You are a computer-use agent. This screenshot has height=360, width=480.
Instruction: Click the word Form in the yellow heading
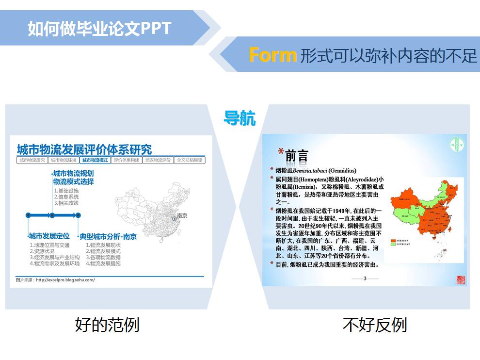click(x=272, y=55)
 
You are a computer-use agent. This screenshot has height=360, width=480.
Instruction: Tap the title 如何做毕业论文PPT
click(x=99, y=28)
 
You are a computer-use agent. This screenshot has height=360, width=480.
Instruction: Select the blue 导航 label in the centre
click(x=240, y=118)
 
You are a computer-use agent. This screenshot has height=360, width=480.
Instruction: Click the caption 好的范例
click(x=107, y=325)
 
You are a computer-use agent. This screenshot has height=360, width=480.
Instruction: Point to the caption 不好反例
click(x=374, y=325)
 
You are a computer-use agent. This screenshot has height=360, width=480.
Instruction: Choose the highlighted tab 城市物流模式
click(x=95, y=160)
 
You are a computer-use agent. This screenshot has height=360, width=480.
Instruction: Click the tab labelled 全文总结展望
click(x=190, y=160)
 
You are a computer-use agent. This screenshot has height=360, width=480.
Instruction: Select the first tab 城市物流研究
click(x=32, y=160)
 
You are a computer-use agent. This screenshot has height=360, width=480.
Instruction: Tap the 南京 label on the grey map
click(x=182, y=215)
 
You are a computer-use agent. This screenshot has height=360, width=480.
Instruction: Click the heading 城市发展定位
click(x=49, y=236)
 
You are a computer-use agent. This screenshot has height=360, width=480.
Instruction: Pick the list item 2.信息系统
click(x=66, y=196)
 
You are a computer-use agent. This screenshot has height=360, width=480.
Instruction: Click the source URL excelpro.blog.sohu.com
click(x=65, y=279)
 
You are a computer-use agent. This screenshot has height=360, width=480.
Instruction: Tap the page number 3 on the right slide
click(x=364, y=278)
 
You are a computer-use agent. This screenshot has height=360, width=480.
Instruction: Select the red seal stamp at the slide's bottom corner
click(x=460, y=280)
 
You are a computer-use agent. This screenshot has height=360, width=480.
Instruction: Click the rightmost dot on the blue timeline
click(x=78, y=214)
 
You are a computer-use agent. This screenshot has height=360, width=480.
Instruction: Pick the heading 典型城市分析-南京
click(x=108, y=237)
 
